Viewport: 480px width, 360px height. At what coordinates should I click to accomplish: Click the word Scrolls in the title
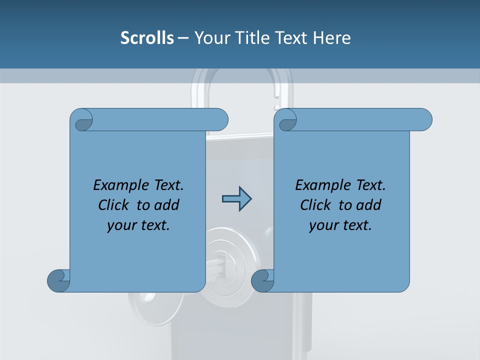tap(147, 38)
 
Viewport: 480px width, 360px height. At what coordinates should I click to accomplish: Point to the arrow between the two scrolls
tap(236, 199)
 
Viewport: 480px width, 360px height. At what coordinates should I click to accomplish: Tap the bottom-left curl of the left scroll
tap(58, 280)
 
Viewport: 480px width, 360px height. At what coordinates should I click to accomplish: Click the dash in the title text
tap(183, 38)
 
